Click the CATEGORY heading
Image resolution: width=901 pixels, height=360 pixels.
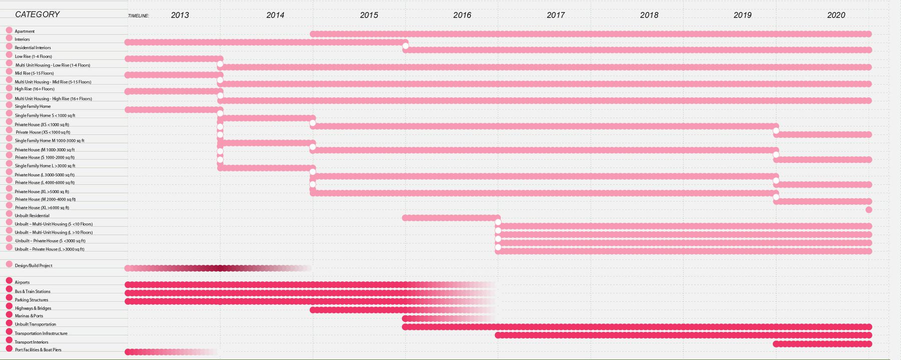coord(38,15)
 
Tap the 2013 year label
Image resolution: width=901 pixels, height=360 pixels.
coord(180,15)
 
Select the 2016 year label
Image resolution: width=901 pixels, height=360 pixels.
coord(462,15)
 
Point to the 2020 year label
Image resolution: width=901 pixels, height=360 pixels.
coord(836,15)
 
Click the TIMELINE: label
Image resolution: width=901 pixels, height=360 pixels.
coord(139,16)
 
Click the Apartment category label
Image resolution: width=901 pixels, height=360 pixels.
coord(25,31)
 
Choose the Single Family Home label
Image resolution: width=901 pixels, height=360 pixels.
coord(33,107)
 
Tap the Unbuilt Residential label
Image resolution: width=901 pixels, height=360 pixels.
coord(32,216)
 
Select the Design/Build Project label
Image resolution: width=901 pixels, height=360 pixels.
coord(34,266)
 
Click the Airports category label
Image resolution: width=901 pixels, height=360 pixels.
coord(22,282)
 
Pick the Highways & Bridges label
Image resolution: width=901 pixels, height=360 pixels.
coord(33,308)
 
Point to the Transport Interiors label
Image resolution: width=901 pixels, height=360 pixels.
coord(32,342)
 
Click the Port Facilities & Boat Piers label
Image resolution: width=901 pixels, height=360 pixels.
coord(38,350)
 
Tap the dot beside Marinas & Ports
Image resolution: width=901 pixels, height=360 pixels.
coord(9,315)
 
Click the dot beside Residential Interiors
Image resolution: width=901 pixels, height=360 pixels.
coord(9,47)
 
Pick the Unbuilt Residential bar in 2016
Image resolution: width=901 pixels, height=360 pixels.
coord(450,218)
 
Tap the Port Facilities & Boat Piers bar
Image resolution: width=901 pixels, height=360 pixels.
coord(165,352)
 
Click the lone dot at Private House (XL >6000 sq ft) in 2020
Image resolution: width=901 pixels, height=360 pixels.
coord(868,210)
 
